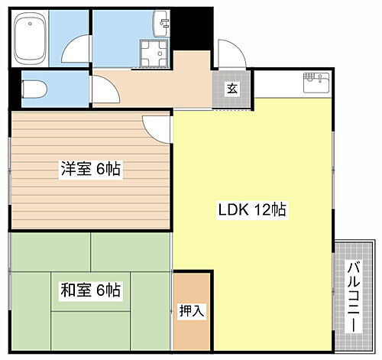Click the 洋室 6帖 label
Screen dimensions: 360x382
[90, 170]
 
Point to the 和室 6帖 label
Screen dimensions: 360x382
[90, 290]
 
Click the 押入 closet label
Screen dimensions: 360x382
[190, 311]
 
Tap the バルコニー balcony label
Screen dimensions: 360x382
[354, 294]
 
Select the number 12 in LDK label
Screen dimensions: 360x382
[261, 209]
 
